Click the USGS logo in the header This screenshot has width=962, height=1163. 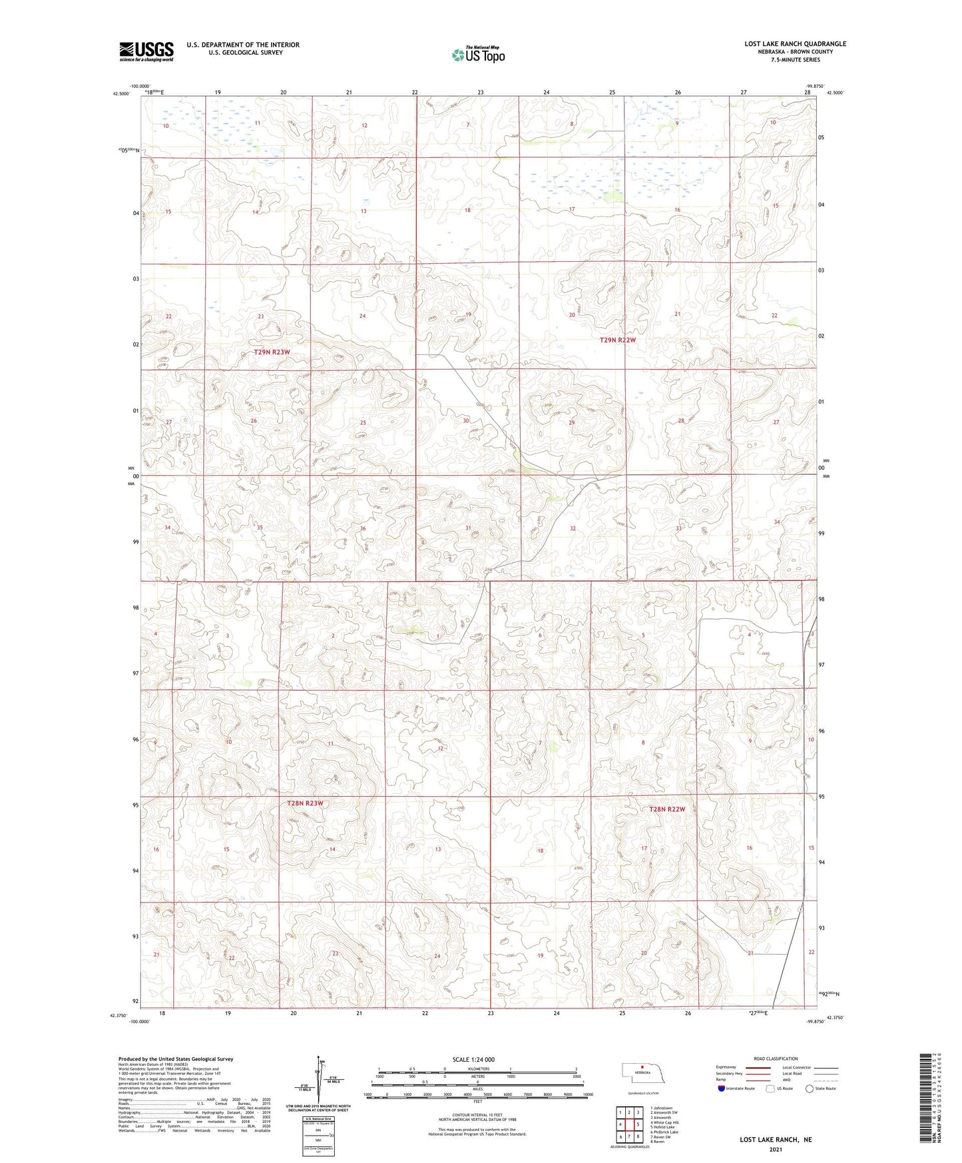coord(146,51)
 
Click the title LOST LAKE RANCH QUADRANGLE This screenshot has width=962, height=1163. coord(795,44)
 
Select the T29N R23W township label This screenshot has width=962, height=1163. coord(272,351)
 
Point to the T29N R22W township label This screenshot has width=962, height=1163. coord(618,340)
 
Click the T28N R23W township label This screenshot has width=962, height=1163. coord(305,803)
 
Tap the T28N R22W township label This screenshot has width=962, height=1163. coord(667,809)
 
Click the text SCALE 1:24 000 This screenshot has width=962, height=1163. coord(473,1059)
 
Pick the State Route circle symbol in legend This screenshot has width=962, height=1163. coord(810,1088)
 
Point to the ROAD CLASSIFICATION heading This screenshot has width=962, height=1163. coord(776,1058)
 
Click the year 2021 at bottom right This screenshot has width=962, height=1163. coord(775,1150)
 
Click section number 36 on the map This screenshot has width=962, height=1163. coord(363,529)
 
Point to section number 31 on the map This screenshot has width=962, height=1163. coord(468,528)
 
